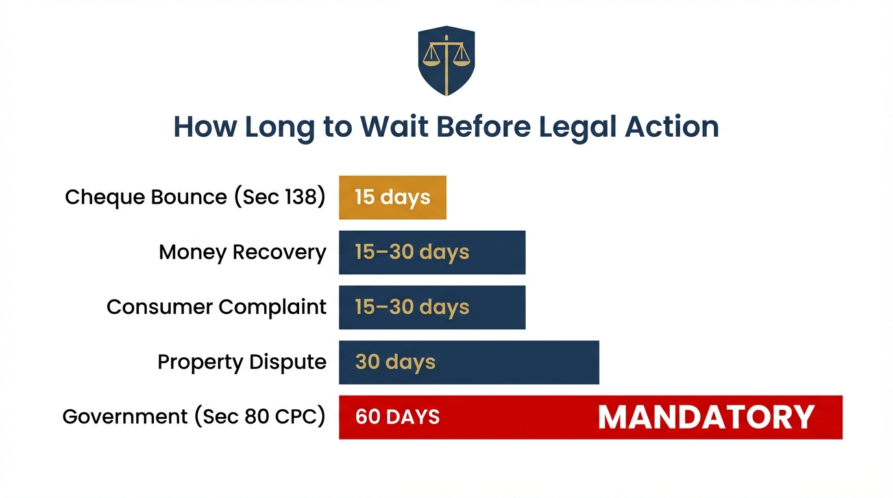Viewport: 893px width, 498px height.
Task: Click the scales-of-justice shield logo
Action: (x=446, y=60)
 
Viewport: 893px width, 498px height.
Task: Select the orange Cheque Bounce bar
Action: (x=392, y=197)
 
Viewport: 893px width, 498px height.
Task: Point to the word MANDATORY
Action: (x=705, y=417)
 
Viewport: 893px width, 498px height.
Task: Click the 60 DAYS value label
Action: (x=397, y=417)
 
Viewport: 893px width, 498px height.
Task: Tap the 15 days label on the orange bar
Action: (x=392, y=197)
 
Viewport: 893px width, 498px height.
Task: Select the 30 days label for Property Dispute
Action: (x=395, y=362)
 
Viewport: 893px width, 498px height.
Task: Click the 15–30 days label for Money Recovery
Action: (x=412, y=252)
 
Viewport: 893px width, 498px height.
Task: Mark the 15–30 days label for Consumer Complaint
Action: (x=412, y=307)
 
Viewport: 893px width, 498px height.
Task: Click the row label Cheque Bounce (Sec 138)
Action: (x=195, y=197)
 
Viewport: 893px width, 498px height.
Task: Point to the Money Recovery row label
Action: (x=242, y=252)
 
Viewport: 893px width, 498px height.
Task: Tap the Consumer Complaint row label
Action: (x=216, y=307)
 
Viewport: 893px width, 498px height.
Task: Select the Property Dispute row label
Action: (x=241, y=362)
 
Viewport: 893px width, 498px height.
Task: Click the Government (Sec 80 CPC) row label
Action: (x=193, y=417)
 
